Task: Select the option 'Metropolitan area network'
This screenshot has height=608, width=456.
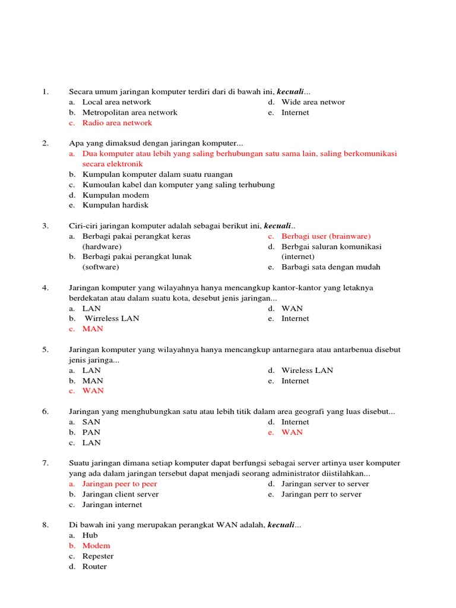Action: coord(129,112)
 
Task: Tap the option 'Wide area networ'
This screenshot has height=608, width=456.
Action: coord(313,102)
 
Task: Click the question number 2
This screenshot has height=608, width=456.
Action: coord(45,143)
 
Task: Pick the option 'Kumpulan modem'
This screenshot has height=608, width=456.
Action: coord(115,195)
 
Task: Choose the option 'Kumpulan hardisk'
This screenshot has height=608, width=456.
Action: coord(115,205)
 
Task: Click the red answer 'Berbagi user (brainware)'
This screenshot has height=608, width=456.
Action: coord(326,236)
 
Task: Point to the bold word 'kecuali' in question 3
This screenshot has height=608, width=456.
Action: coord(277,226)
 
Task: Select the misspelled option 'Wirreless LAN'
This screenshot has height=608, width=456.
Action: coord(112,318)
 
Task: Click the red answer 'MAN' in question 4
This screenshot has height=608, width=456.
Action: coord(93,329)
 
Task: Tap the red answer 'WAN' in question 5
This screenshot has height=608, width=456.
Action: coord(93,391)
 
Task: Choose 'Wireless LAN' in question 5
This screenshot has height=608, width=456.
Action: coord(307,370)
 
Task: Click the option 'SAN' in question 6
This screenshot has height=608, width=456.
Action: coord(91,422)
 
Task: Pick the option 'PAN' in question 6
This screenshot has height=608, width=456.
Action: coord(91,432)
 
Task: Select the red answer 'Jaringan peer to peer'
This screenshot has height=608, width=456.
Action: coord(119,484)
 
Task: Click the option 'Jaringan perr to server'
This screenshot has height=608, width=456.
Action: coord(321,494)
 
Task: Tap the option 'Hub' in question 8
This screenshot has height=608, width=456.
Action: coord(90,535)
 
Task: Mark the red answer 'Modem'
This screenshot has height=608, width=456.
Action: coord(96,546)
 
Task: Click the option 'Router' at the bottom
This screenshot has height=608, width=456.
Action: coord(94,566)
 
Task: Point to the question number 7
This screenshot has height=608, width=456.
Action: coord(45,463)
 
